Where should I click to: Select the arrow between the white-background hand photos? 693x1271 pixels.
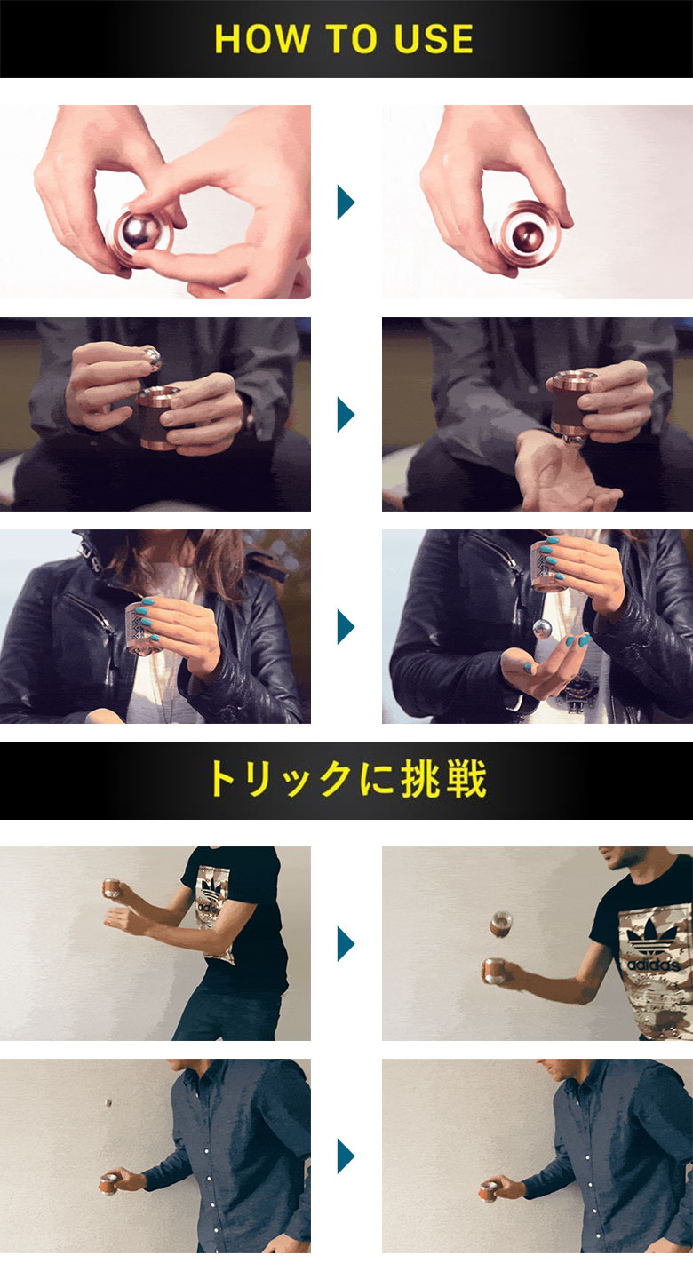point(346,203)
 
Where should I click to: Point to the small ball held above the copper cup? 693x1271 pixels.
point(152,355)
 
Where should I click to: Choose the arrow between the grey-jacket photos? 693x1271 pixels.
point(346,415)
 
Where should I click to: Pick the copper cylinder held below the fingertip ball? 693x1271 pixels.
point(161,416)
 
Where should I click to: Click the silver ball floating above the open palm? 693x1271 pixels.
point(542,628)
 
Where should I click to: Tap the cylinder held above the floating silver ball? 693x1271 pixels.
point(548,565)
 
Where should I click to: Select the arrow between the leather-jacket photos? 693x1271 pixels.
point(346,627)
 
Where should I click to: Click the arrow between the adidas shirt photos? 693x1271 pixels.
point(346,943)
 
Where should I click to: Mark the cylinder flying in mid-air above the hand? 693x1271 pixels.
point(500,924)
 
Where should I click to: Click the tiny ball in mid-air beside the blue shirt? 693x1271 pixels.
point(108,1104)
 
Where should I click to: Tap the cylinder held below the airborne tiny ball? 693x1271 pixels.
point(109,1183)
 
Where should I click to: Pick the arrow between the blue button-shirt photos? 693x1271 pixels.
point(346,1156)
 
